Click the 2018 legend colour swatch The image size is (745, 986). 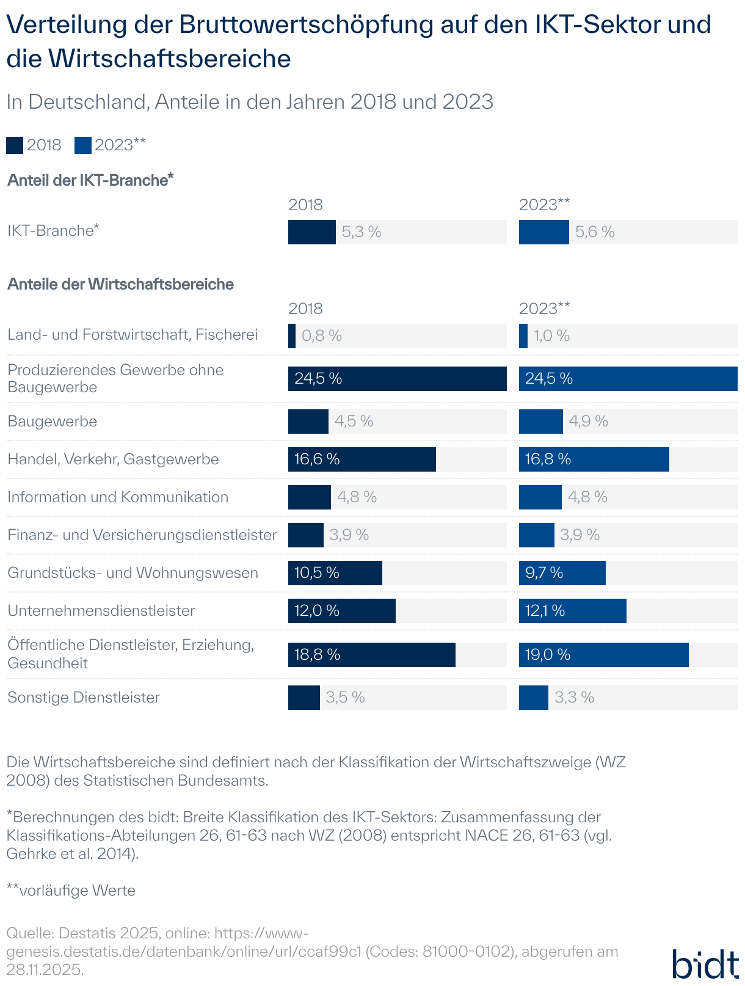pyautogui.click(x=15, y=145)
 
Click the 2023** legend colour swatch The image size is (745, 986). pyautogui.click(x=83, y=145)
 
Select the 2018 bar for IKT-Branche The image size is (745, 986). pyautogui.click(x=311, y=232)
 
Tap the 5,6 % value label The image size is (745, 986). pyautogui.click(x=595, y=232)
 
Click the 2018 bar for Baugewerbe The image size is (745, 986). pyautogui.click(x=308, y=422)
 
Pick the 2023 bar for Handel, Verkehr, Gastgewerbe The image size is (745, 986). pyautogui.click(x=594, y=459)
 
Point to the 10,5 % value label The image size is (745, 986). pyautogui.click(x=316, y=573)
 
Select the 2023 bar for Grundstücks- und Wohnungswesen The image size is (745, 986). pyautogui.click(x=562, y=573)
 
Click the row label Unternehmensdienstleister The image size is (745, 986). pyautogui.click(x=101, y=611)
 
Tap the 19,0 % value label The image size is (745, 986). pyautogui.click(x=547, y=655)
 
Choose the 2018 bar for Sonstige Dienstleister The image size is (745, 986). pyautogui.click(x=303, y=698)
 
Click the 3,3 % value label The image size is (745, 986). pyautogui.click(x=574, y=698)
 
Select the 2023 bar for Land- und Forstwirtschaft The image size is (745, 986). pyautogui.click(x=523, y=336)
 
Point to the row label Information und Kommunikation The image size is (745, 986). pyautogui.click(x=118, y=497)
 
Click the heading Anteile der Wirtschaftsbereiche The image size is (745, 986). pyautogui.click(x=120, y=285)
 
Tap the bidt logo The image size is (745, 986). pyautogui.click(x=705, y=964)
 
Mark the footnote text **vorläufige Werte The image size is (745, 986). pyautogui.click(x=71, y=891)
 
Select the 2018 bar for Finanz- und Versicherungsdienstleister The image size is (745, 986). pyautogui.click(x=305, y=535)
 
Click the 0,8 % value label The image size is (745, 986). pyautogui.click(x=322, y=336)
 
